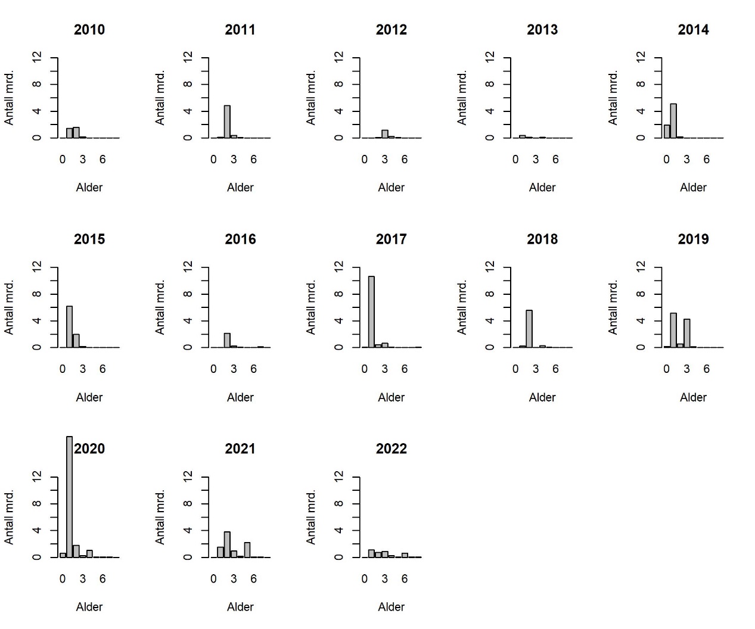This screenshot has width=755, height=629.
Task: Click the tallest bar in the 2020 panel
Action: pyautogui.click(x=69, y=497)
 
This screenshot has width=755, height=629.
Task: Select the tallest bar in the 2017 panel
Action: pyautogui.click(x=371, y=312)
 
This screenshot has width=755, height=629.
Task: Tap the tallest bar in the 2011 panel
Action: pyautogui.click(x=227, y=122)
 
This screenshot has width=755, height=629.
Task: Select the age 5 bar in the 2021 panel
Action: pyautogui.click(x=247, y=550)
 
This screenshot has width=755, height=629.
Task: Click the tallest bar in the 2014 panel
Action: pyautogui.click(x=673, y=121)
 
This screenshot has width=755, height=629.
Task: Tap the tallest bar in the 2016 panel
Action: pyautogui.click(x=227, y=340)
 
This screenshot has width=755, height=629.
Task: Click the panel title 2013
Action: pyautogui.click(x=542, y=30)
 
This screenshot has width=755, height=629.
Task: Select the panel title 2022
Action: pyautogui.click(x=391, y=449)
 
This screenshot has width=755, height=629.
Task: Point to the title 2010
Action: pyautogui.click(x=89, y=30)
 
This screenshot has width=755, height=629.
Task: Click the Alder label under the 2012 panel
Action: pyautogui.click(x=391, y=188)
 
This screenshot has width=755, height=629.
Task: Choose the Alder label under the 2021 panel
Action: pyautogui.click(x=240, y=607)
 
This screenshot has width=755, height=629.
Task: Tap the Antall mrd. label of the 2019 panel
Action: pyautogui.click(x=613, y=307)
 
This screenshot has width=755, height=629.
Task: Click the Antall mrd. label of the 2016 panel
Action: pyautogui.click(x=160, y=307)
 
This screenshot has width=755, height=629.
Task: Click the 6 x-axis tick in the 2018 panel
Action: pyautogui.click(x=555, y=369)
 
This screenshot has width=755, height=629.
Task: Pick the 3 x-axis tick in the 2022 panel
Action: pyautogui.click(x=384, y=579)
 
